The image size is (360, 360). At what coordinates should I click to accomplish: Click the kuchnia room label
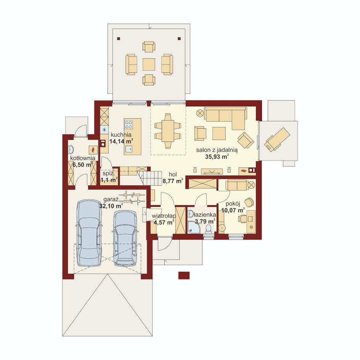click(x=121, y=135)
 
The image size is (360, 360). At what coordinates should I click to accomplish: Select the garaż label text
click(x=111, y=199)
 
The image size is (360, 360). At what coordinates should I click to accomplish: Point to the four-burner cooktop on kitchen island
click(x=129, y=125)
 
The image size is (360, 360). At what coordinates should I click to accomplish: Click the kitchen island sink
click(x=129, y=149)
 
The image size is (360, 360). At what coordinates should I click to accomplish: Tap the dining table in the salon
click(x=168, y=131)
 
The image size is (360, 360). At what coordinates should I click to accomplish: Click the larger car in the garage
click(x=89, y=233)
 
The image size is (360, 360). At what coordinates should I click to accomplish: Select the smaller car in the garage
click(x=125, y=238)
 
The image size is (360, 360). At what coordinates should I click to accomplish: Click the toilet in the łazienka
click(x=208, y=229)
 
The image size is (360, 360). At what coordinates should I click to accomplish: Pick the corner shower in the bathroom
click(x=193, y=228)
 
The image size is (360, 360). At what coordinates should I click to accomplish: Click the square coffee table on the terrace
click(x=149, y=64)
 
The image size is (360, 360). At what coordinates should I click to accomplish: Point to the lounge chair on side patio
click(x=277, y=139)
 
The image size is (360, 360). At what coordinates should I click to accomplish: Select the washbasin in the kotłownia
click(x=71, y=150)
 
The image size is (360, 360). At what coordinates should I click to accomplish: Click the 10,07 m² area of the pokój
click(x=233, y=210)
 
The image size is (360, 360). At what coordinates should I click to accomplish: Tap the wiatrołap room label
click(x=164, y=216)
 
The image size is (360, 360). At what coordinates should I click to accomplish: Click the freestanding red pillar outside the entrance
click(x=184, y=275)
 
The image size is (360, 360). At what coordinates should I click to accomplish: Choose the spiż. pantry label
click(x=108, y=174)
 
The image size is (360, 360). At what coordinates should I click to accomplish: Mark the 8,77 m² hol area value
click(x=173, y=181)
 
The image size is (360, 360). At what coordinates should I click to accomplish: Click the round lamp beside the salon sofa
click(x=200, y=113)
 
